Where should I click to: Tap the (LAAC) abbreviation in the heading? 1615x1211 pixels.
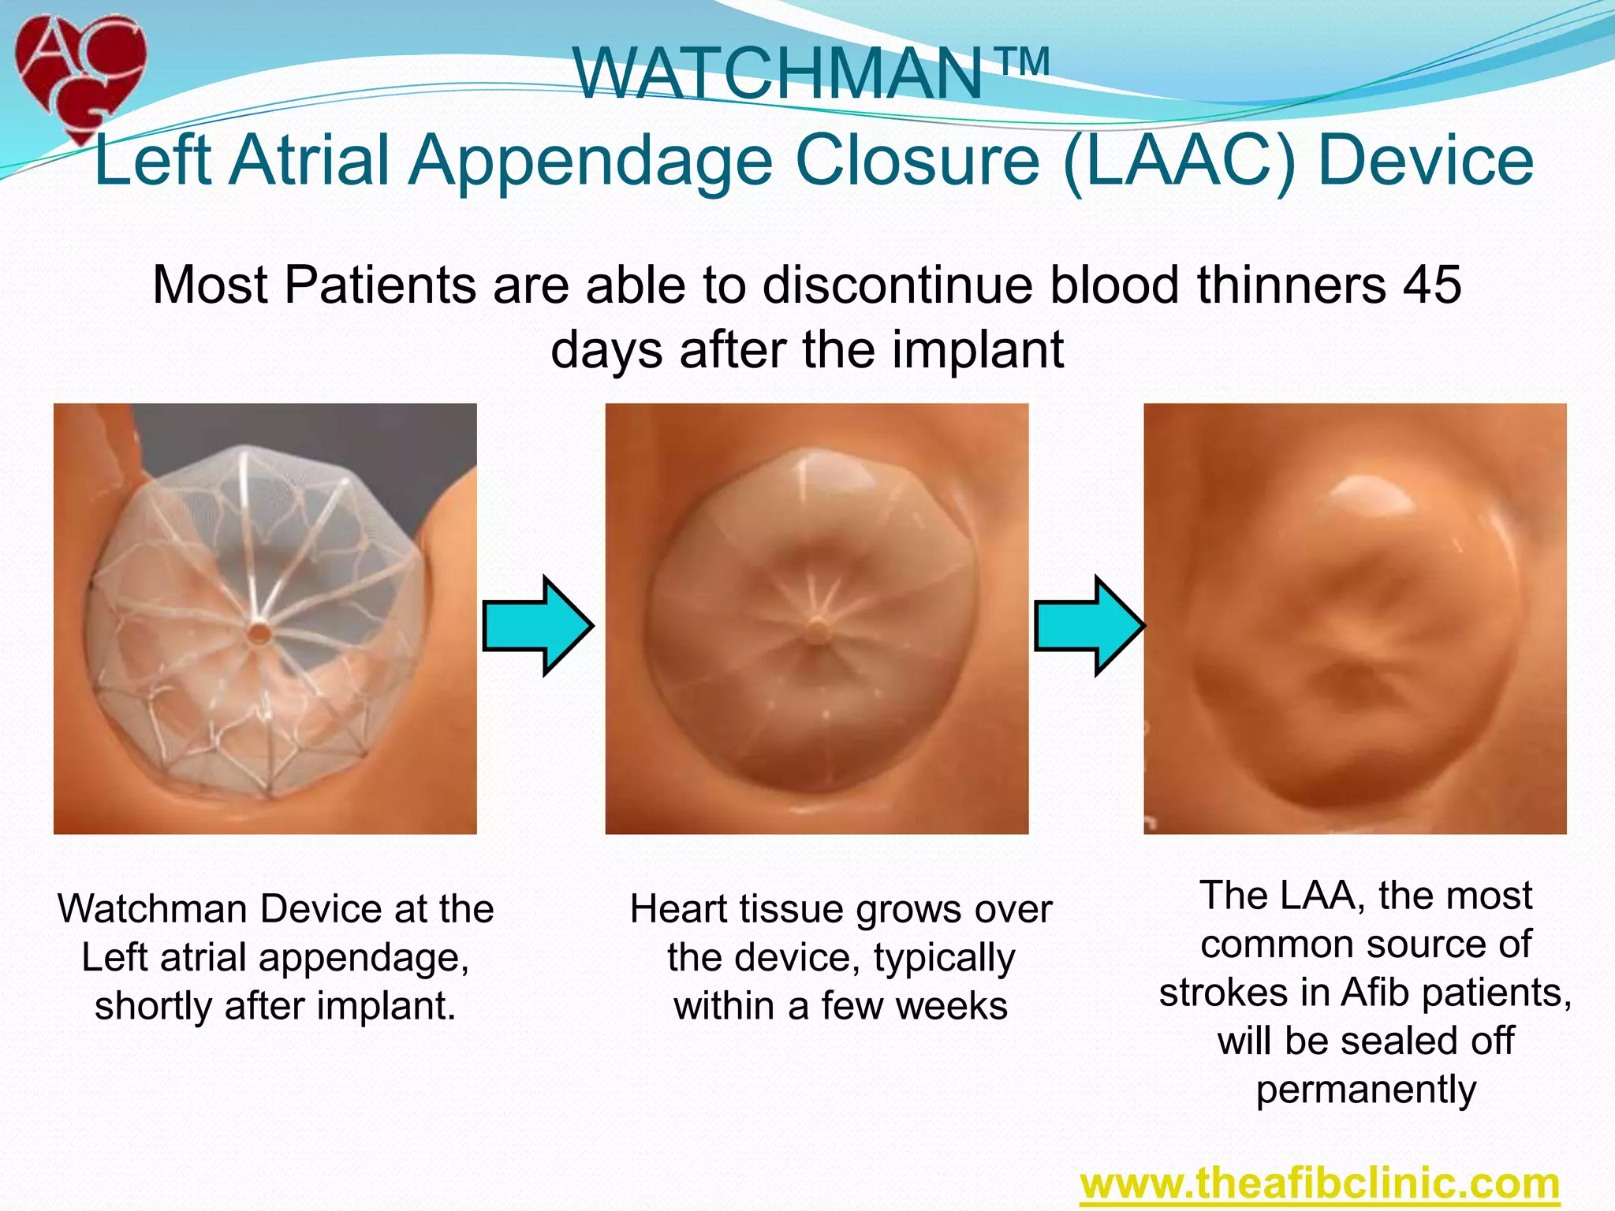click(x=1180, y=161)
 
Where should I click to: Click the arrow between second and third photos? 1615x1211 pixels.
click(x=1089, y=625)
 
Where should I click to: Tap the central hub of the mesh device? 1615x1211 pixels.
click(x=258, y=632)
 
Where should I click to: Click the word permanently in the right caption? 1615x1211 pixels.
click(x=1366, y=1090)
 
